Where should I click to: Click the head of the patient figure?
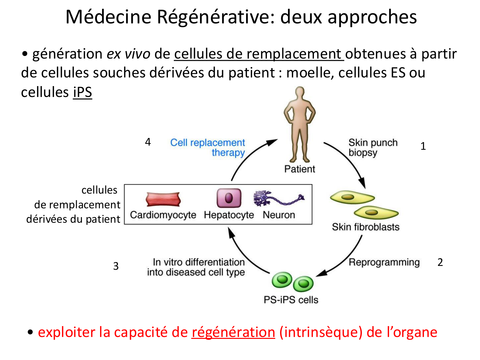(300, 94)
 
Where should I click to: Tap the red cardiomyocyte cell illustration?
(163, 199)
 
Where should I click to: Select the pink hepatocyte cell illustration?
(229, 198)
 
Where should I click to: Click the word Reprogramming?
(384, 262)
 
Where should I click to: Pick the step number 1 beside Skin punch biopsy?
(423, 146)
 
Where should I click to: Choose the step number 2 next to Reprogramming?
(440, 262)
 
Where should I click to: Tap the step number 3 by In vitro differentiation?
(116, 266)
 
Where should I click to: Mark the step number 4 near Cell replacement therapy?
(148, 142)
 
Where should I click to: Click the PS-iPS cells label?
(291, 300)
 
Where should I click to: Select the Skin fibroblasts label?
(365, 227)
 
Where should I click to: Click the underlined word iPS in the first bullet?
(83, 92)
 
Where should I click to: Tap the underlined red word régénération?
(233, 332)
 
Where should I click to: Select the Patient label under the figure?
(300, 169)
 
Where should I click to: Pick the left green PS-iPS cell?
(282, 280)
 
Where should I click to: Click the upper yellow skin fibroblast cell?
(351, 197)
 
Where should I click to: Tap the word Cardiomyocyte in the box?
(163, 215)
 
